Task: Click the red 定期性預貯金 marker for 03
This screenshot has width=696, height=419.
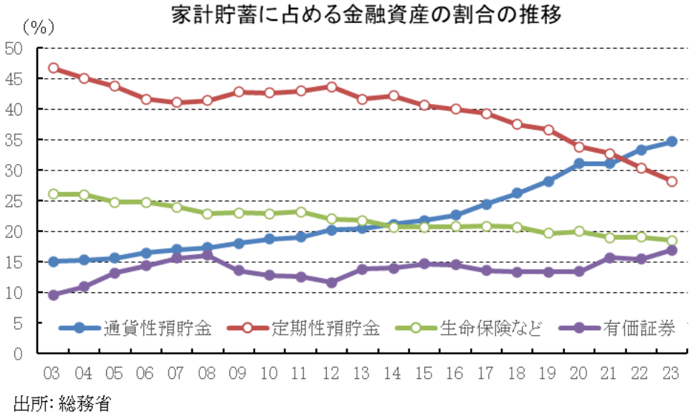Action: (53, 68)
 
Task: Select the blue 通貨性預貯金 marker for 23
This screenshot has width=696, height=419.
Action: (672, 142)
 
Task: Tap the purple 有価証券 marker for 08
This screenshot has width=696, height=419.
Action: (208, 255)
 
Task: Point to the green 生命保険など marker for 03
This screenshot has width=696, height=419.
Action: (53, 194)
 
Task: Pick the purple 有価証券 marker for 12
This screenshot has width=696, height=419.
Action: (331, 282)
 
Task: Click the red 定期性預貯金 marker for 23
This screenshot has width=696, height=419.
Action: (672, 181)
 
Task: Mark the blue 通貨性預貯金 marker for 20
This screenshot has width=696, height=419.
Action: (578, 164)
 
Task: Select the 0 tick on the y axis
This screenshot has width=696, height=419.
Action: (18, 354)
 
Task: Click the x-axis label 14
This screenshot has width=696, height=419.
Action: (393, 374)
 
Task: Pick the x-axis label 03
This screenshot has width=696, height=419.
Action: (52, 374)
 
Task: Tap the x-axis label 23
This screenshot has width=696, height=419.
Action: (672, 374)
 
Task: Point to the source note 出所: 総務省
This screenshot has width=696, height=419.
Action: (62, 403)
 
